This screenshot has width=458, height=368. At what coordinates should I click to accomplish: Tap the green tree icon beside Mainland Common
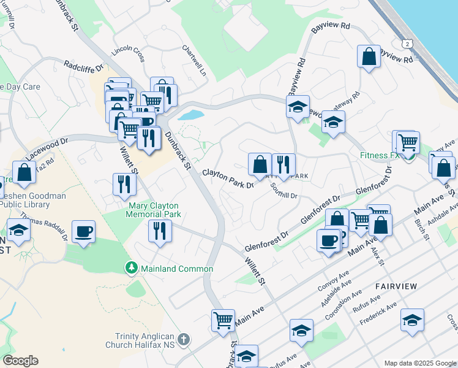pos(131,268)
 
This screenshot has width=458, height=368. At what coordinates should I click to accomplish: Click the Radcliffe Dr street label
pos(84,66)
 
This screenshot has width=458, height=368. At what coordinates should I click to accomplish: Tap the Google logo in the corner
pos(20,361)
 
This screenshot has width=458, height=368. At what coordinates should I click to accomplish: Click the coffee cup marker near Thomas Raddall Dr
pos(83,231)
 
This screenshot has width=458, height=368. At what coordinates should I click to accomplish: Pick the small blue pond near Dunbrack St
pos(193,115)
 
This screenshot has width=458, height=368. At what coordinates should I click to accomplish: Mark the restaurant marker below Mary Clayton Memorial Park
pos(160,231)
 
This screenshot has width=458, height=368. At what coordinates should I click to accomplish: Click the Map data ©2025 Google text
pos(420,363)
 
